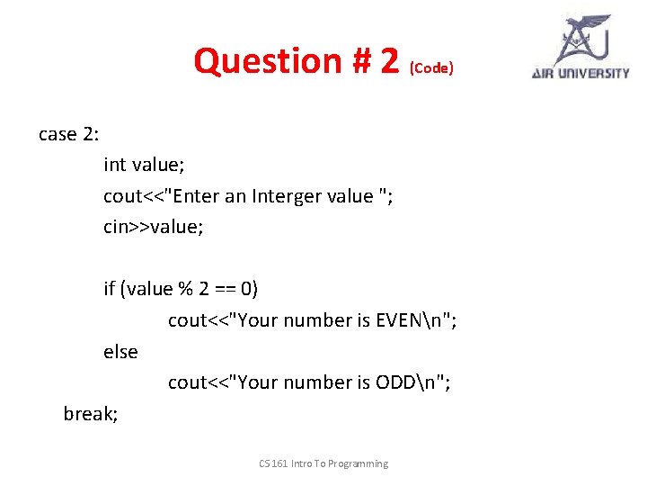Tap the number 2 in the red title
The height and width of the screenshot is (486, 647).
(x=389, y=61)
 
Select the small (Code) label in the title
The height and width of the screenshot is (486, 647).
(x=431, y=68)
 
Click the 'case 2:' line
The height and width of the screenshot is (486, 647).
(x=69, y=134)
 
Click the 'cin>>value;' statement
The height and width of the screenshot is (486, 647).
(x=154, y=227)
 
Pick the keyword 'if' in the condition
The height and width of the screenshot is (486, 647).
(x=109, y=289)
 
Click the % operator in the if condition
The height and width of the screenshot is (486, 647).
(x=185, y=289)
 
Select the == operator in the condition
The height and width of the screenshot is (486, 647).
(x=227, y=289)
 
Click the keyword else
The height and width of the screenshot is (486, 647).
(x=120, y=352)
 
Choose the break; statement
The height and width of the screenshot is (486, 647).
(x=91, y=414)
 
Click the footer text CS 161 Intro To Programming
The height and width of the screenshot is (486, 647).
(x=323, y=463)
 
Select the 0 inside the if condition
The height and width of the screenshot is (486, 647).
(x=248, y=289)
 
